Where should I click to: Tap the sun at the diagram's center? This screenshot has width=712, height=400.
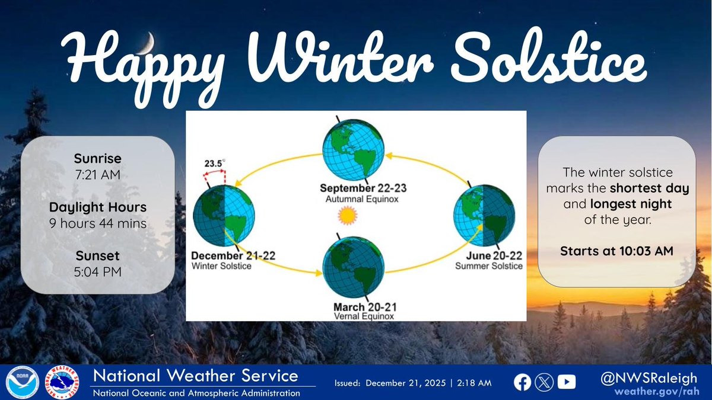[348, 215]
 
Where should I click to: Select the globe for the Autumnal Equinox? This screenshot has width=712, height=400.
[354, 150]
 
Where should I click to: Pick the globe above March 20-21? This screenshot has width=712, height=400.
[354, 267]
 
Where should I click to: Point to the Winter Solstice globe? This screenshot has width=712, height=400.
[224, 216]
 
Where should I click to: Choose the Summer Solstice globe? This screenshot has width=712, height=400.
[484, 216]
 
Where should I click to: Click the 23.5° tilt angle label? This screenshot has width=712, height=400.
[215, 163]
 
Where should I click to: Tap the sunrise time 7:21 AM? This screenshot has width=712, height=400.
[98, 175]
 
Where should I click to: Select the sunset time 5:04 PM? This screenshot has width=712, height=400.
[98, 272]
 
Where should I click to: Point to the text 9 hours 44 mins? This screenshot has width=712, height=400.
[98, 223]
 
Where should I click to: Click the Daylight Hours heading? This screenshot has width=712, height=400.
[98, 207]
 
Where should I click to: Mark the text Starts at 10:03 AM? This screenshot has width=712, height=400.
[616, 251]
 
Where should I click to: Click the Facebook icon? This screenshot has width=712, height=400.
[522, 383]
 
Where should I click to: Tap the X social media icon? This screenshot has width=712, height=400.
[544, 383]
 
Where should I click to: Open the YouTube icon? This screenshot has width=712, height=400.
[567, 382]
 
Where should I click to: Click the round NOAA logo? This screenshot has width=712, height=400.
[23, 382]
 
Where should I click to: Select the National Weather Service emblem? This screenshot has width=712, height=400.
[62, 382]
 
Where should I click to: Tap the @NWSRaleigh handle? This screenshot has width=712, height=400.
[649, 379]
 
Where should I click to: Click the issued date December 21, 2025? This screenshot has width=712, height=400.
[406, 383]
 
